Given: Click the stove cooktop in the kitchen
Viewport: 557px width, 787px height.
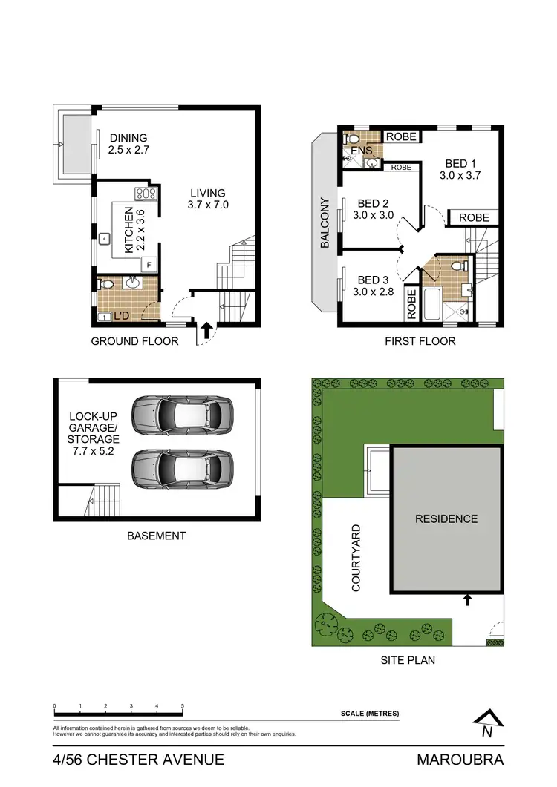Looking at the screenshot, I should [146, 195].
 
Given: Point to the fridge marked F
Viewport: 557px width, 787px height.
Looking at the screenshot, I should [149, 264].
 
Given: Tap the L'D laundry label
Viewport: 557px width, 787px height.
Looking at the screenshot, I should [121, 317].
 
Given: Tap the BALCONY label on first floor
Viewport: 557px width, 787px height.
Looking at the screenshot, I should [325, 223].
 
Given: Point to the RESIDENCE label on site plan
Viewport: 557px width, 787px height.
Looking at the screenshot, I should [446, 519].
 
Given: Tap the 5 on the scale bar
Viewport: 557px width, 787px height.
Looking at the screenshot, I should [182, 705].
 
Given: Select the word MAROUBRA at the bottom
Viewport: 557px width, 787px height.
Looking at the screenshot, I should [460, 760].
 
